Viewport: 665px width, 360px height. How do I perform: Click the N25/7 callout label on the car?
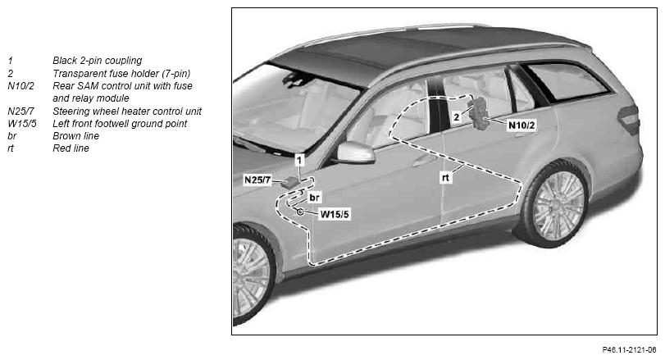point(257,180)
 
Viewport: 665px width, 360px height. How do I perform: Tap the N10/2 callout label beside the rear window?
point(522,125)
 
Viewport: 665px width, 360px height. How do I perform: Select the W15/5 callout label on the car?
point(335,214)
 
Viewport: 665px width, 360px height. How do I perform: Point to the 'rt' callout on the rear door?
point(445,178)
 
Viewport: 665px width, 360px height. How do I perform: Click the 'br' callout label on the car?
point(314,198)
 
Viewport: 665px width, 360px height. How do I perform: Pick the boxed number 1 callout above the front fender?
point(299,160)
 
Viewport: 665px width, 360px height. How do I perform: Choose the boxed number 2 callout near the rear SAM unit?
point(457,116)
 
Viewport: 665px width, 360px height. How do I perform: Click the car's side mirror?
point(355,153)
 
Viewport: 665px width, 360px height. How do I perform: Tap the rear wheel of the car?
point(557,204)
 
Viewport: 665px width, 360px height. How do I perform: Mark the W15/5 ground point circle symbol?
point(300,212)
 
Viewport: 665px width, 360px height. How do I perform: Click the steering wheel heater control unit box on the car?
point(289,182)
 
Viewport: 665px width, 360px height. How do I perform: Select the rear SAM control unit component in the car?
point(479,113)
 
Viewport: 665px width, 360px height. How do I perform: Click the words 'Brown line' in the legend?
point(76,136)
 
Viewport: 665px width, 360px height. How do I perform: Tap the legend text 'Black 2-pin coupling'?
point(97,61)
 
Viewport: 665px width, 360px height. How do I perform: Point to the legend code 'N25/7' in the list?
point(20,111)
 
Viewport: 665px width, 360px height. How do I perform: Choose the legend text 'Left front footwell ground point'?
point(120,124)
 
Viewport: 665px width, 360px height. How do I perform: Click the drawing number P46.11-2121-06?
point(629,350)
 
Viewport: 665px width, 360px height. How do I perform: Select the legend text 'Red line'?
point(71,148)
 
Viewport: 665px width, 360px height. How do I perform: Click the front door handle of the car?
point(422,161)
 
